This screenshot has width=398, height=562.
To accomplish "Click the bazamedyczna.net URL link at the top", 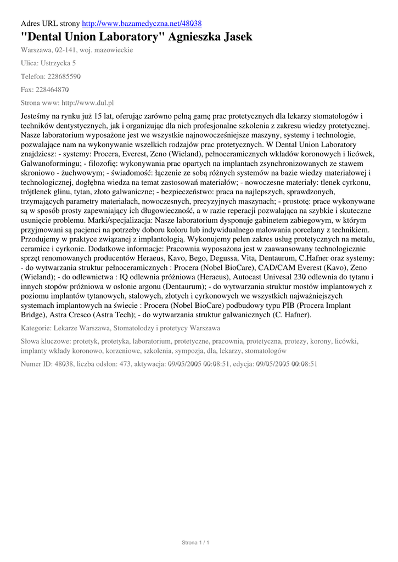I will pyautogui.click(x=142, y=24).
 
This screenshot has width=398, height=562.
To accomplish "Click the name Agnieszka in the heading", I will pyautogui.click(x=197, y=37).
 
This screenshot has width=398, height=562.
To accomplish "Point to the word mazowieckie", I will pyautogui.click(x=114, y=50).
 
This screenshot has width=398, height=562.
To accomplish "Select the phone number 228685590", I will pyautogui.click(x=64, y=76).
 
